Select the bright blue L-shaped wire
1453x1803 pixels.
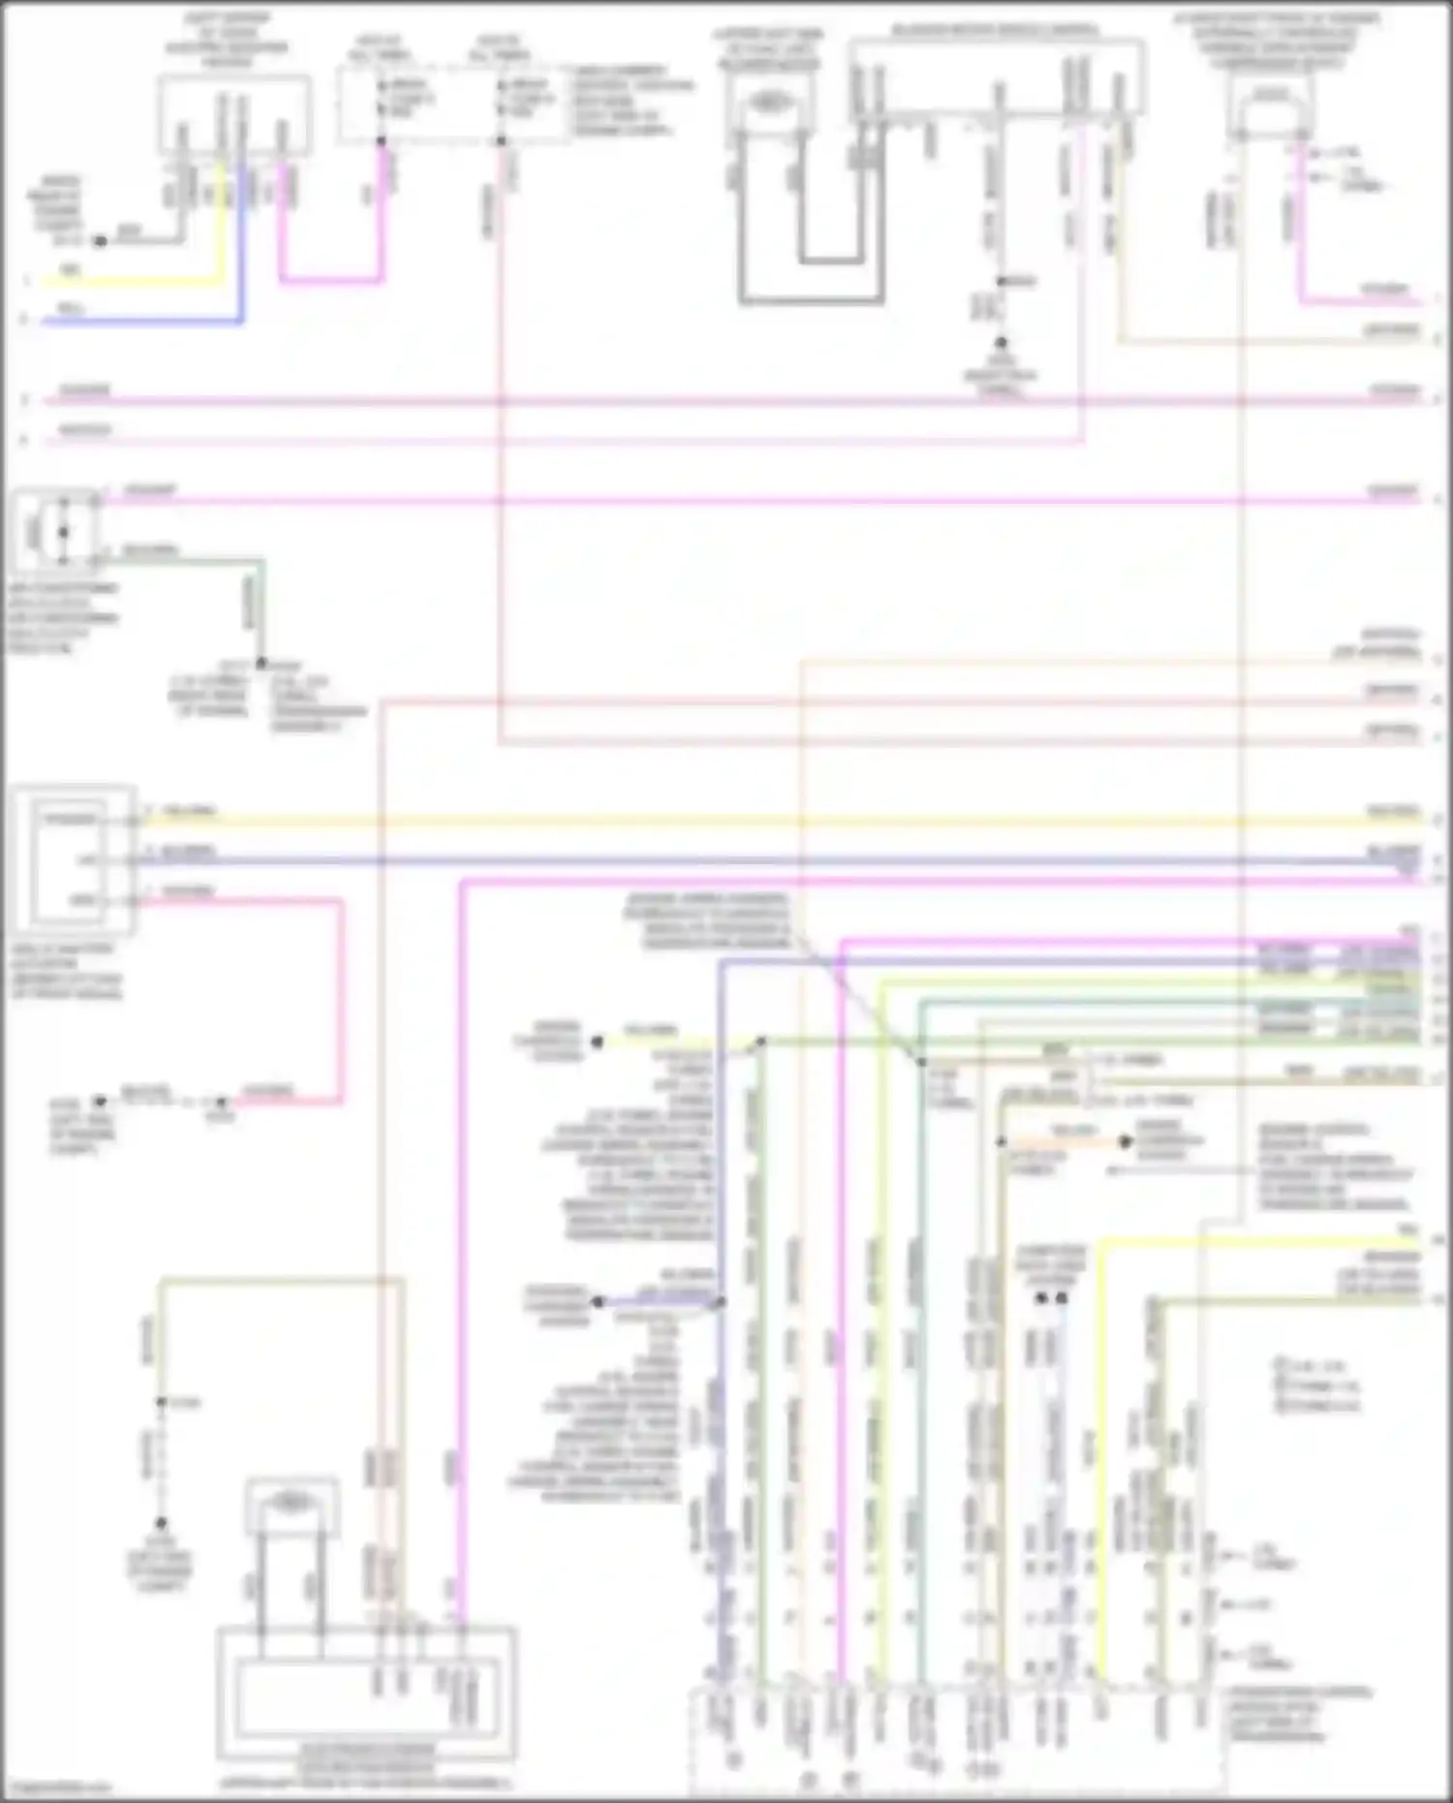click(x=145, y=320)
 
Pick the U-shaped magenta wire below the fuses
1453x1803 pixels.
click(x=329, y=282)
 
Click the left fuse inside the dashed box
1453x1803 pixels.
click(x=382, y=98)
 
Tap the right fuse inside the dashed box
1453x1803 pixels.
click(x=501, y=98)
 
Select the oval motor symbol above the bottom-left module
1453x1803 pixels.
click(x=292, y=1501)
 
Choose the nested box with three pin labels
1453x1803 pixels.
click(x=74, y=860)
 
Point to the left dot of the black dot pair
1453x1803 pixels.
click(x=1042, y=1297)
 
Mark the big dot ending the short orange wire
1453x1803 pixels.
click(x=1125, y=1142)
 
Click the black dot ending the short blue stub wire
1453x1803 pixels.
click(x=598, y=1302)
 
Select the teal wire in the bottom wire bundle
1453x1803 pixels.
click(x=919, y=1356)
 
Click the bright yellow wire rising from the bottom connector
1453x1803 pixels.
click(x=1100, y=1453)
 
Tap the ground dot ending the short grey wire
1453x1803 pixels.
click(x=100, y=240)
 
